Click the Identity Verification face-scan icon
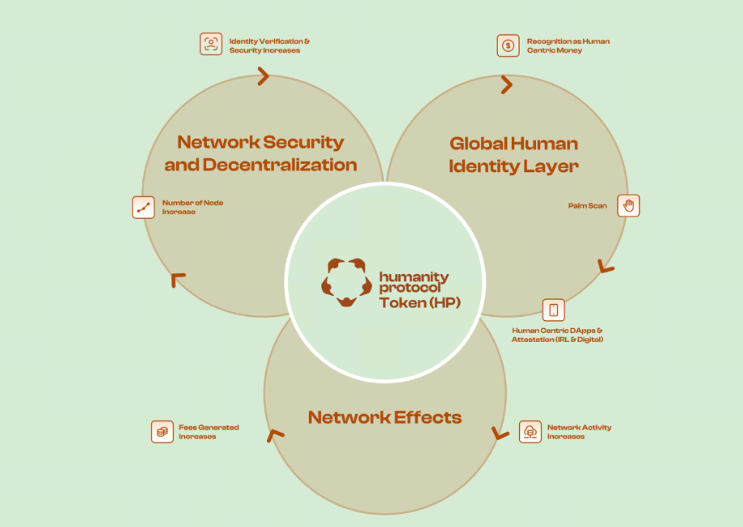211,44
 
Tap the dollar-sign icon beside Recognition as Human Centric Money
508,45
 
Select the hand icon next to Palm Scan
628,205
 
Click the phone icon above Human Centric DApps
554,310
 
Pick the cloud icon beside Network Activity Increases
530,432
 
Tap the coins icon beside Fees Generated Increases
163,432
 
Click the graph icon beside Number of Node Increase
143,207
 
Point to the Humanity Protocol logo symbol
346,282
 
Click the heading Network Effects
385,417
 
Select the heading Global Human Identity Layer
513,154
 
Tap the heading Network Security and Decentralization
260,153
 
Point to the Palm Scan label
588,206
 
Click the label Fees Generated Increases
209,432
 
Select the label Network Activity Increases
579,432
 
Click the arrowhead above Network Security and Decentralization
263,76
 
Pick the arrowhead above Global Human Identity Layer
507,84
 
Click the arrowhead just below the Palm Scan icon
606,266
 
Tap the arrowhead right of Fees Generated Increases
276,435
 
